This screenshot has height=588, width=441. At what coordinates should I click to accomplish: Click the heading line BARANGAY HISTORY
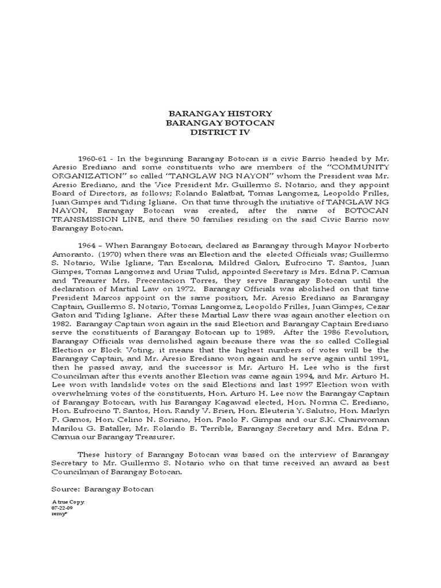[220, 114]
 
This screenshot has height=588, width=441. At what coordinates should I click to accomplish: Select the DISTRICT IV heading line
[220, 133]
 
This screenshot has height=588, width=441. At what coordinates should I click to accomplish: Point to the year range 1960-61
[92, 158]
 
